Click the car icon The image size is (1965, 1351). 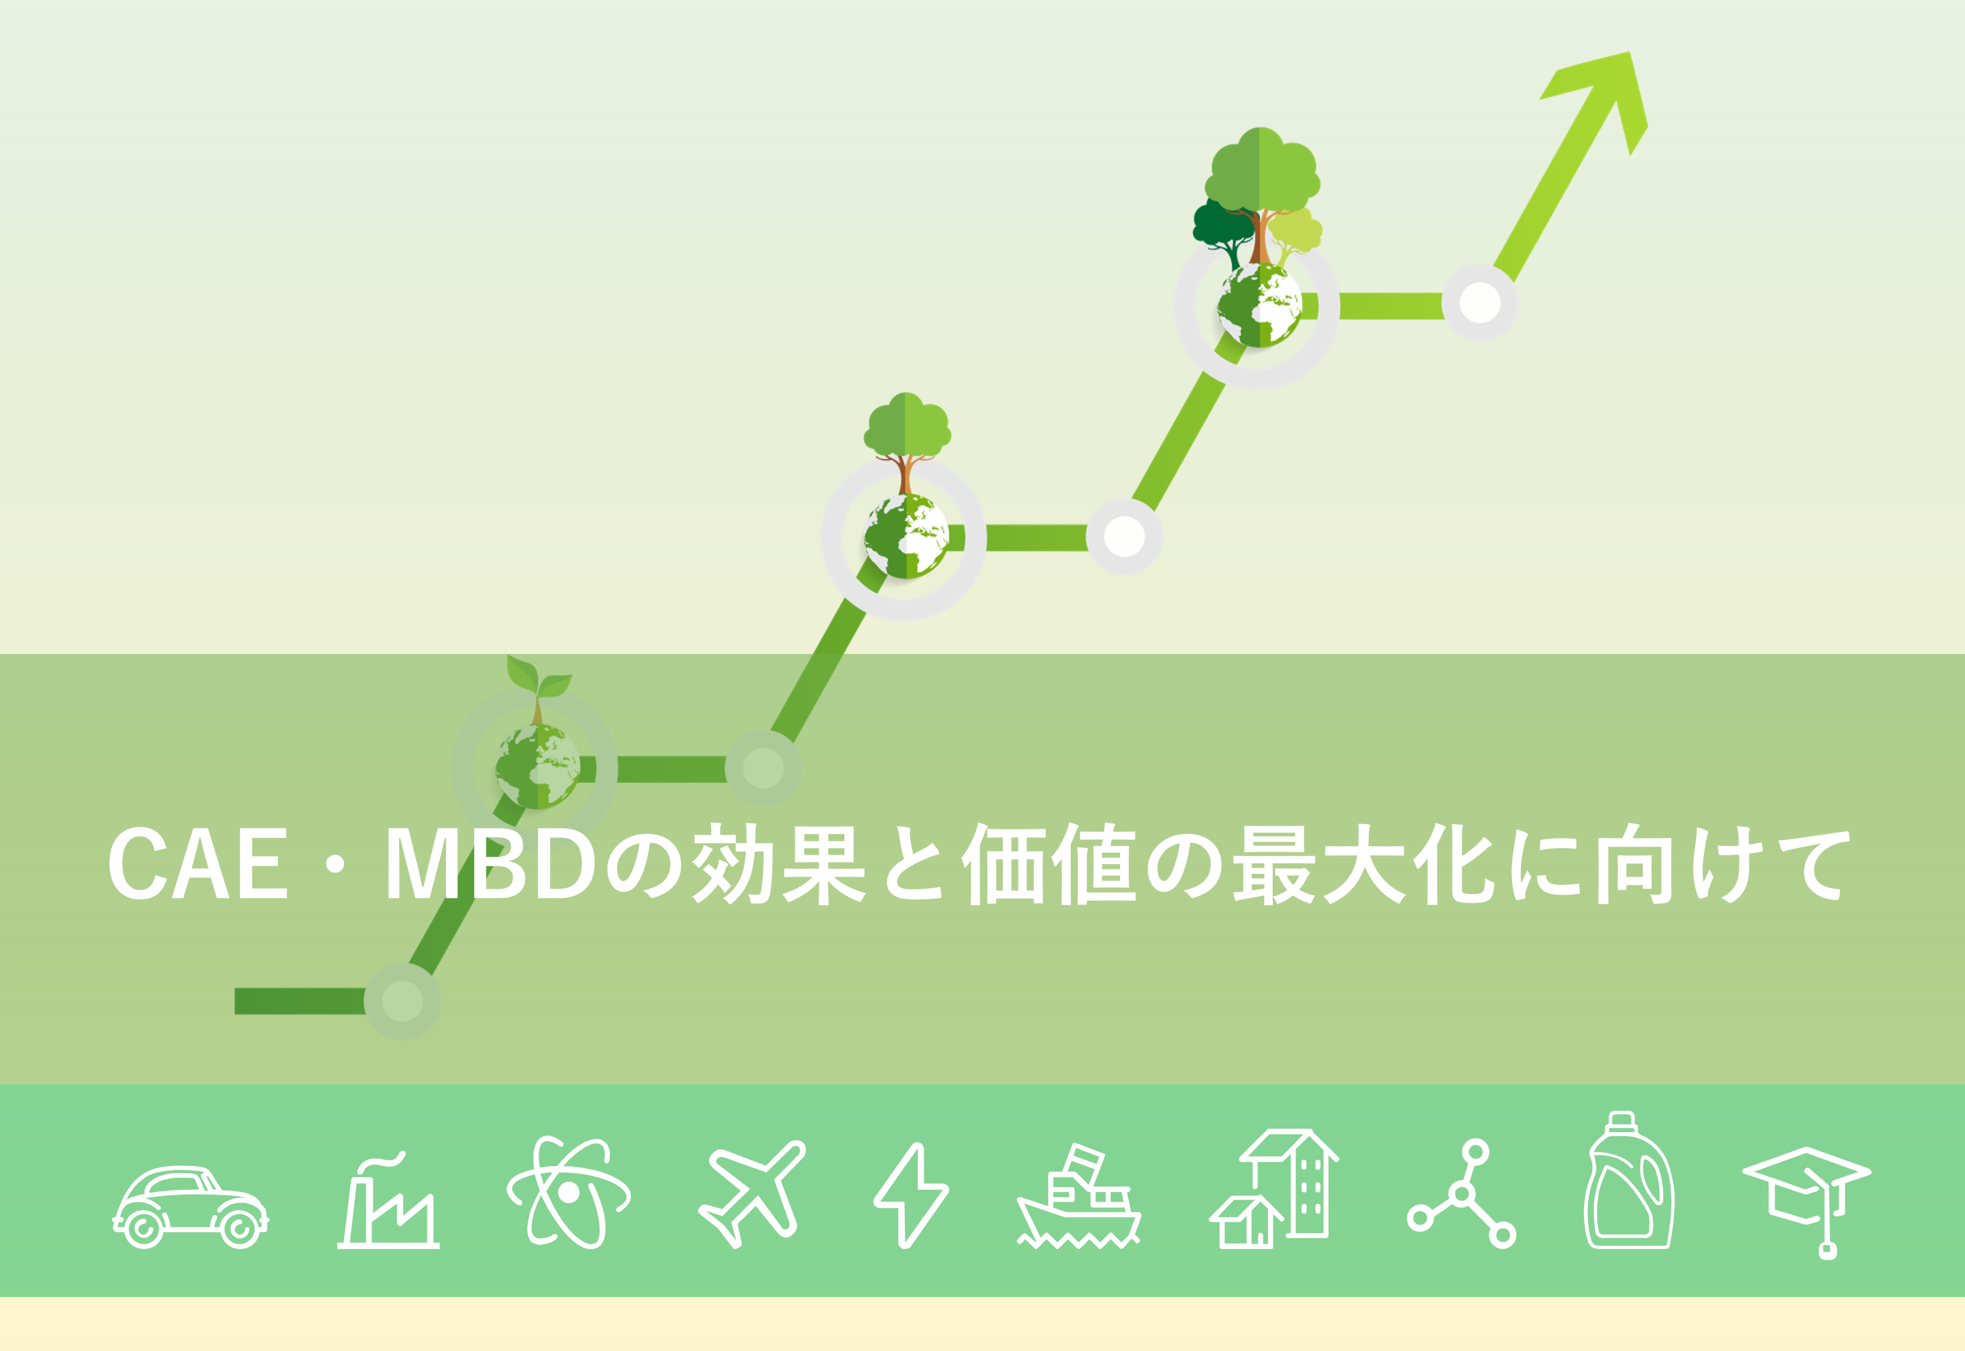(x=190, y=1207)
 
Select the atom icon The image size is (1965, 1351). (x=569, y=1192)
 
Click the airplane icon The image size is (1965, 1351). (x=752, y=1194)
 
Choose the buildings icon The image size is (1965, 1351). (x=1273, y=1188)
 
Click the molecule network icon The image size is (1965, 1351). (x=1462, y=1194)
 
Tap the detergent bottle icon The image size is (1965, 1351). (x=1629, y=1180)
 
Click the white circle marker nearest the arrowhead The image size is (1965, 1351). (x=1480, y=302)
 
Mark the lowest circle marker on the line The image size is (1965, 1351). (x=402, y=1002)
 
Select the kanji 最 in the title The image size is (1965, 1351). (x=1273, y=865)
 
